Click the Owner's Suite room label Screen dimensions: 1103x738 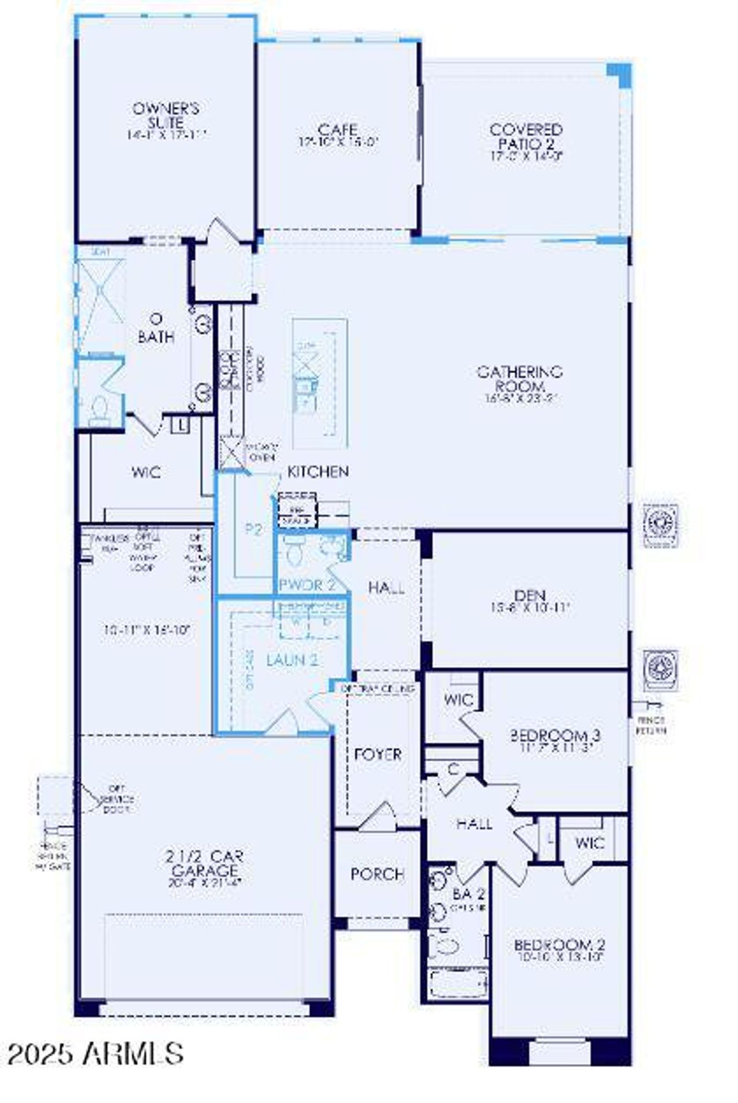pyautogui.click(x=166, y=115)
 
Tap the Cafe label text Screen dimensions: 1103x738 pyautogui.click(x=338, y=130)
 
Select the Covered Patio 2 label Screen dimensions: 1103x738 pyautogui.click(x=525, y=137)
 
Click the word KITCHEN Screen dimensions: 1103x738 pyautogui.click(x=318, y=471)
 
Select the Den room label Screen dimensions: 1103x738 pyautogui.click(x=529, y=595)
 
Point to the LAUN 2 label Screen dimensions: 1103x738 pyautogui.click(x=292, y=660)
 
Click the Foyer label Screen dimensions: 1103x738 pyautogui.click(x=378, y=754)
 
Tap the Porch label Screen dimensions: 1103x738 pyautogui.click(x=377, y=874)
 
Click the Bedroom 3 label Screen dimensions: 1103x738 pyautogui.click(x=555, y=735)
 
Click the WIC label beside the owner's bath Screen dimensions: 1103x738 pyautogui.click(x=146, y=473)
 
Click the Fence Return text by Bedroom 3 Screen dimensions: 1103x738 pyautogui.click(x=651, y=725)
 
